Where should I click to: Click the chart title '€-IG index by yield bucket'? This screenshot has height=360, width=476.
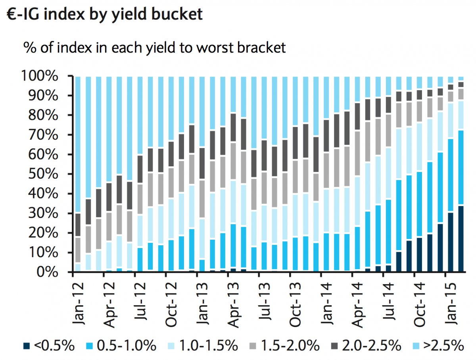(104, 14)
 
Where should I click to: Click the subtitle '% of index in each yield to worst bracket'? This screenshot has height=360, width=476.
(155, 48)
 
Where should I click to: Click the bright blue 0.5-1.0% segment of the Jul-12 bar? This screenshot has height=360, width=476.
(140, 260)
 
